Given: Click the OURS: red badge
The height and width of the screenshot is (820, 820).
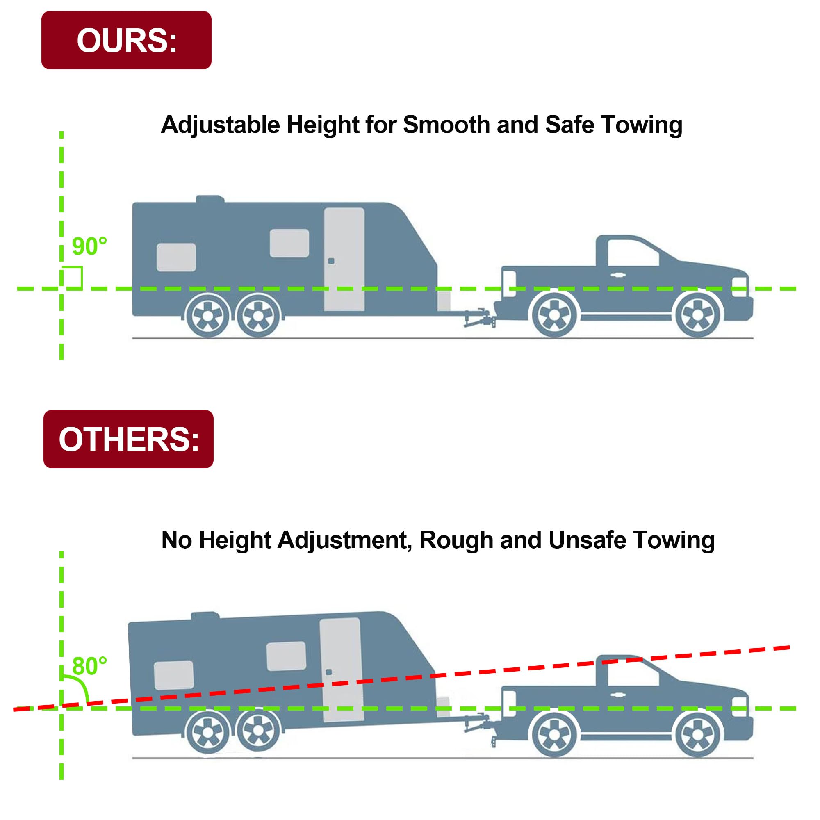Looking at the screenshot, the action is (126, 40).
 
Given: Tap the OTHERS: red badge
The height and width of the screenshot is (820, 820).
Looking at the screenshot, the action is (128, 439).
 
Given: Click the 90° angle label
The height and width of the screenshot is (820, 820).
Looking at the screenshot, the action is (89, 246).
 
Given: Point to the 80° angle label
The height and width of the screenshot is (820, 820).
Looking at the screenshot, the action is (89, 666).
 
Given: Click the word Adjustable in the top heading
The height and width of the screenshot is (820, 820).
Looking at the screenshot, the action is (220, 125).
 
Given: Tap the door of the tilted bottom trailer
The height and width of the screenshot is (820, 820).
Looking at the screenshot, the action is (341, 671).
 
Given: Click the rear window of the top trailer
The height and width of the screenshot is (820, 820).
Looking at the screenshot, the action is (176, 257).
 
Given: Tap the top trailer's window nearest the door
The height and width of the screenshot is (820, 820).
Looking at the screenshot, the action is (289, 243).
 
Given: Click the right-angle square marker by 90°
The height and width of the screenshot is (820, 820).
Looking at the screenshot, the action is (72, 277).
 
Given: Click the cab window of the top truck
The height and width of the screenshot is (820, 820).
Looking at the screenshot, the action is (632, 253).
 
